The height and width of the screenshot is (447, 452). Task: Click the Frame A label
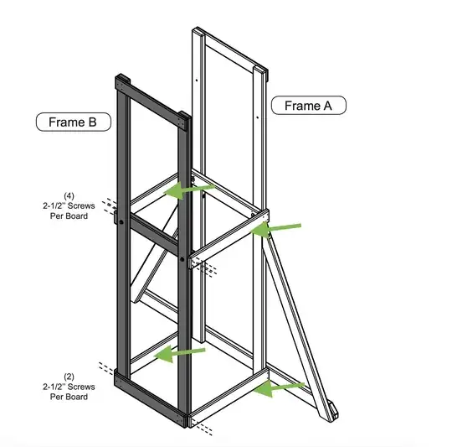[308, 106]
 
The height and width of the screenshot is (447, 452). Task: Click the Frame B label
[73, 122]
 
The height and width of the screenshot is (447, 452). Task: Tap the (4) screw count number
[69, 196]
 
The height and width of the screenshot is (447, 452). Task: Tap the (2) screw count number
[69, 377]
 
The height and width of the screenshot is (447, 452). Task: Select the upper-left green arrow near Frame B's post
[189, 190]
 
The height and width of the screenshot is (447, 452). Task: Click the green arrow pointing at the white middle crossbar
[275, 229]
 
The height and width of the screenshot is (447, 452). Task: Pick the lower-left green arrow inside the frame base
[179, 353]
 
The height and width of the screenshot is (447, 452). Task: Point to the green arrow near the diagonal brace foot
[279, 388]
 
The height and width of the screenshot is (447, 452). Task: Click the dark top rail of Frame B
[153, 102]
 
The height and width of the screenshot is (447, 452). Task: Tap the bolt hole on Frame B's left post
[121, 222]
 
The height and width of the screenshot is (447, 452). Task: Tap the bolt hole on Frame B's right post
[182, 259]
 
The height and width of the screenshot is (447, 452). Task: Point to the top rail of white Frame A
[231, 51]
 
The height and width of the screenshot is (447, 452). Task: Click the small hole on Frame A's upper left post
[197, 81]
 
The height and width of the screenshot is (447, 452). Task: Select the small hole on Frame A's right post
[258, 117]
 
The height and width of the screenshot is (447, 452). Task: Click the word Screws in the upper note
[80, 205]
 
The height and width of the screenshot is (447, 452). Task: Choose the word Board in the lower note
[77, 397]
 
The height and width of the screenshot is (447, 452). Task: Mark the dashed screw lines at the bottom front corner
[203, 428]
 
